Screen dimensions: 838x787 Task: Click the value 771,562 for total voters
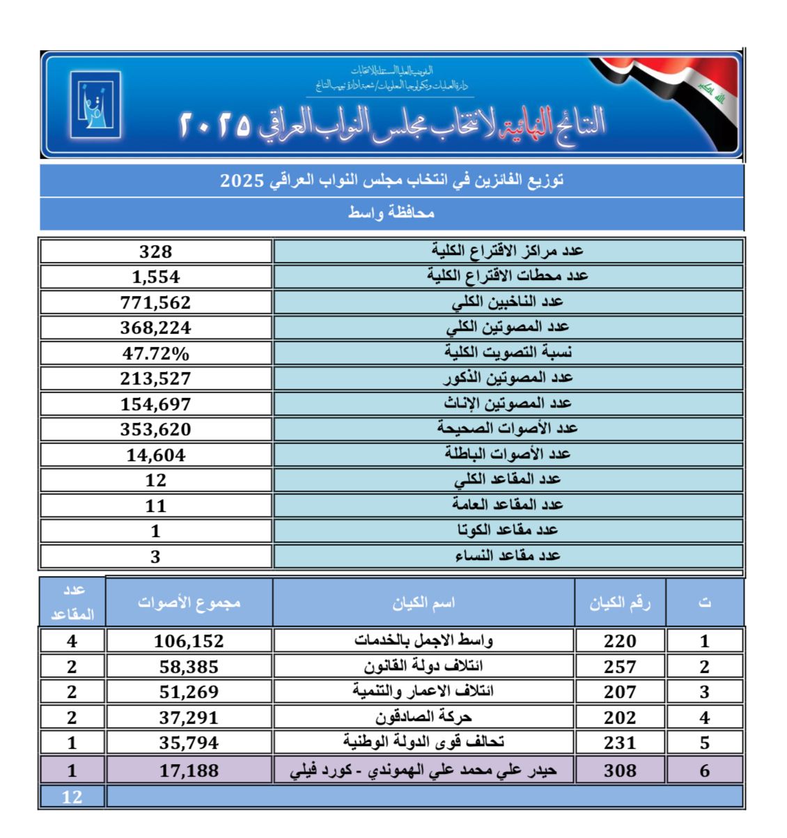155,302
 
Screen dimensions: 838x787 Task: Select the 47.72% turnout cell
155,353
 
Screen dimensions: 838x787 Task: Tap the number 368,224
155,327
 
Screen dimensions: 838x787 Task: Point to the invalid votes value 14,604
155,455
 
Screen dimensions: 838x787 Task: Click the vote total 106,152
189,641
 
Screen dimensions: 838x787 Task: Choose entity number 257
620,667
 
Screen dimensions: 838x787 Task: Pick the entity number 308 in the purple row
620,770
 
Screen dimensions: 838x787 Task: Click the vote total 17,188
189,770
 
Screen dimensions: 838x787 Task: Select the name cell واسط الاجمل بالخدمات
423,640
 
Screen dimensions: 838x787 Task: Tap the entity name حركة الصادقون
423,717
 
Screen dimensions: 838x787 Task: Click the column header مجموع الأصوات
189,602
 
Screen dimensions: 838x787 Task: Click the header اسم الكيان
423,603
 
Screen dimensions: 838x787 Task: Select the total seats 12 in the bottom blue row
72,797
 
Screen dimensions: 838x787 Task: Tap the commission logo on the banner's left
95,104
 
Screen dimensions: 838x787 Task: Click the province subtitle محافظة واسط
391,213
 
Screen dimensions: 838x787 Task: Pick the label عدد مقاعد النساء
508,556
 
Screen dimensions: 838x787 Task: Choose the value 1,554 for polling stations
155,277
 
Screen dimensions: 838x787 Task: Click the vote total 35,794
189,743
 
